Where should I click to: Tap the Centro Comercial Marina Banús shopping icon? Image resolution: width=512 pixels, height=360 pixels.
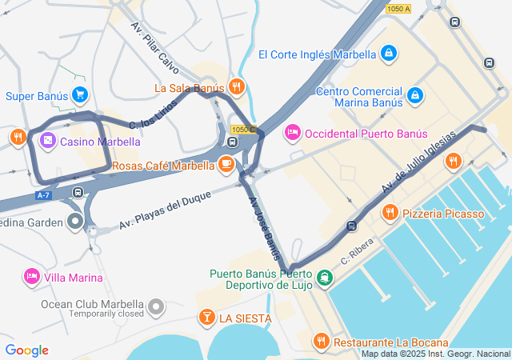tap(415, 96)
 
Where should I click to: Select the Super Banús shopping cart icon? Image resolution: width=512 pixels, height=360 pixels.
tap(79, 96)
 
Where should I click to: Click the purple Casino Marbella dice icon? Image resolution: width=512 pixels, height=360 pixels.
tap(47, 142)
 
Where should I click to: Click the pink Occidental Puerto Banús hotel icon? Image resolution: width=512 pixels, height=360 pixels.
tap(293, 133)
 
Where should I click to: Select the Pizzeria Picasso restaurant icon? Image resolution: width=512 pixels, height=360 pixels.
tap(390, 213)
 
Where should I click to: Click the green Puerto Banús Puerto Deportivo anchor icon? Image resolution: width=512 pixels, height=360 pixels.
tap(324, 278)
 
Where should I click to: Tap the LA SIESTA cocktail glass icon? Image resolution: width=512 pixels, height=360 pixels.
tap(206, 318)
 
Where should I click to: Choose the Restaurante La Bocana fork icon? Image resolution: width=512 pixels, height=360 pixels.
tap(322, 342)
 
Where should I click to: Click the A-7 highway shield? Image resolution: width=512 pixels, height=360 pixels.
tap(44, 194)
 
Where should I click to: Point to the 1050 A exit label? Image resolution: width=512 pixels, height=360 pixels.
tap(398, 9)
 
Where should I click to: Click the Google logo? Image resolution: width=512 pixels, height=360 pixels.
tap(26, 350)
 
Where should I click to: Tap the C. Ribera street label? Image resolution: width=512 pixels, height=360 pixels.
tap(358, 254)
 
